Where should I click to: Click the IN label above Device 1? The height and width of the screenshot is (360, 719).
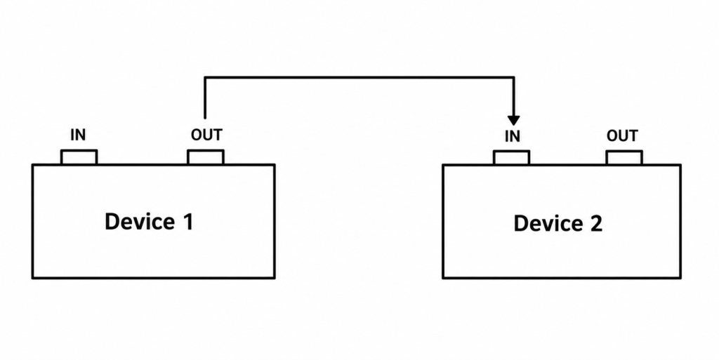click(78, 135)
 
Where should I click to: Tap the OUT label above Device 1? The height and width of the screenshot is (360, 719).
click(206, 135)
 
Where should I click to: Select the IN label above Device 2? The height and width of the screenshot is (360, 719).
click(512, 136)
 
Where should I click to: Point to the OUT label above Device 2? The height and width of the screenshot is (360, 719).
click(622, 135)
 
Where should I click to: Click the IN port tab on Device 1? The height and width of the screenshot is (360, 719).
click(79, 157)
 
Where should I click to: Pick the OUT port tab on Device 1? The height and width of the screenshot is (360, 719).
click(206, 157)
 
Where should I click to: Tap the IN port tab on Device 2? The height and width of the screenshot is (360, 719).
click(512, 158)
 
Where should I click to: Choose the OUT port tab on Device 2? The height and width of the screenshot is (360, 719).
click(624, 158)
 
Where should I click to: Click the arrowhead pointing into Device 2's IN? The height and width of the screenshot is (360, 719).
click(514, 120)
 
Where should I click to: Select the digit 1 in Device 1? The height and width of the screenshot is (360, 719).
click(188, 221)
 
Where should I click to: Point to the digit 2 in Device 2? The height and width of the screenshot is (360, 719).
click(595, 224)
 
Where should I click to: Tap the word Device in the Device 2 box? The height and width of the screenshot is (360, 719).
click(548, 224)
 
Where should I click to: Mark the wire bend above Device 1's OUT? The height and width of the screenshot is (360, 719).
click(205, 77)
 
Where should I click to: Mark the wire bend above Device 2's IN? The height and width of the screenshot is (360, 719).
click(514, 77)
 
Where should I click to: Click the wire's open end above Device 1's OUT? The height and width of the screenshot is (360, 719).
click(205, 118)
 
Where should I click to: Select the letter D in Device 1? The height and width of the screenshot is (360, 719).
click(112, 222)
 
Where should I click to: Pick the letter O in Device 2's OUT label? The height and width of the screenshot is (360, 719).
click(612, 136)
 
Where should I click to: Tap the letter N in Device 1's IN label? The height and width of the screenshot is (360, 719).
click(81, 135)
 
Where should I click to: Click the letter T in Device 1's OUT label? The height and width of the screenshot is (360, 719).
click(218, 135)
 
